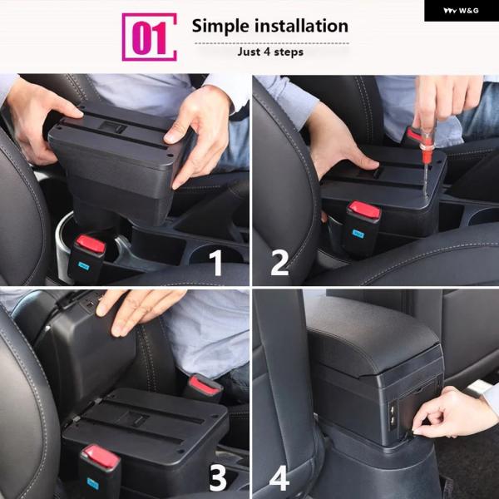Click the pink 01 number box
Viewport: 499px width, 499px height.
coord(149,37)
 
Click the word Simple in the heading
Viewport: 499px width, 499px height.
coord(220,26)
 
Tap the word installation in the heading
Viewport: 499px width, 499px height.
coord(301,26)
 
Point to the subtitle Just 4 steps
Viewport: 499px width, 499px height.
coord(270,52)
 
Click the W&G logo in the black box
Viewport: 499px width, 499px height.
coord(461,11)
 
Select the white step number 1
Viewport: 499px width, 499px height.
coord(217,263)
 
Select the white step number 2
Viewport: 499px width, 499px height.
coord(279,263)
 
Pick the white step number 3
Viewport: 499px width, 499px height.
coord(218,478)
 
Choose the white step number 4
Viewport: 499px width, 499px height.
coord(279,478)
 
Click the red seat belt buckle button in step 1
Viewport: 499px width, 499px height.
coord(91,244)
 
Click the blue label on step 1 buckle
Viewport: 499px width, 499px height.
coord(83,266)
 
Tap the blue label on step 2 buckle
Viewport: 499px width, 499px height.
coord(358,234)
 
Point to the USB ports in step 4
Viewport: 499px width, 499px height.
coord(393,415)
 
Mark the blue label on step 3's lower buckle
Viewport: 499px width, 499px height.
coord(92,484)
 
